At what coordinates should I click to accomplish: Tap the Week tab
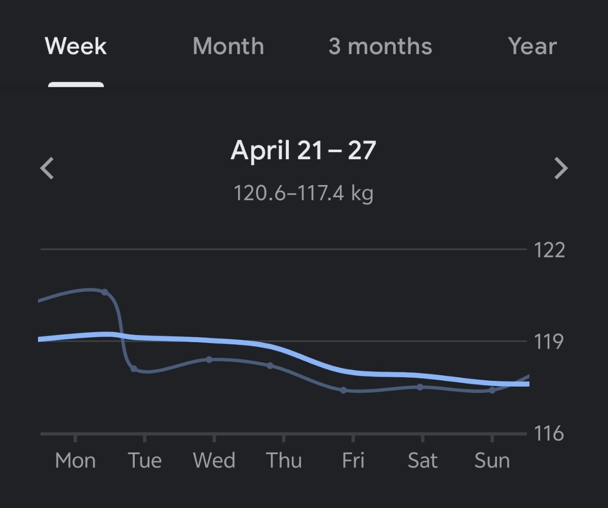(x=76, y=46)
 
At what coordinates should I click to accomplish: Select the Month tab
(x=228, y=46)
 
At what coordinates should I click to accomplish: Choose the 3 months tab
(x=380, y=46)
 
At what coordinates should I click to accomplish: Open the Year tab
(x=532, y=46)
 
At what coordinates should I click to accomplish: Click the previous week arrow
(x=47, y=168)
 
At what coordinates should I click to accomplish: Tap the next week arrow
(x=561, y=168)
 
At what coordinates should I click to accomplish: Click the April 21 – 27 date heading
(x=303, y=151)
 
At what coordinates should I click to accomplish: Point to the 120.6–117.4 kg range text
(x=303, y=193)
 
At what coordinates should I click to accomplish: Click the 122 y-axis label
(x=549, y=249)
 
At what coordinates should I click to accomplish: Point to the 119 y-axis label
(x=549, y=341)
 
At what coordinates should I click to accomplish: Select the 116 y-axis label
(x=549, y=433)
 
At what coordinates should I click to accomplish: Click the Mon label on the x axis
(x=75, y=460)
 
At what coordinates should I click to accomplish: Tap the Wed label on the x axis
(x=214, y=460)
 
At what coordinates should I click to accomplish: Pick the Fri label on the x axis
(x=353, y=460)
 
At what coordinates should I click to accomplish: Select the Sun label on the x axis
(x=491, y=460)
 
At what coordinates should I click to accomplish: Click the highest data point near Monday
(x=104, y=292)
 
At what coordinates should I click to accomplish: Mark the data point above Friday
(x=344, y=390)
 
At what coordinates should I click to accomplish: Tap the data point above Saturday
(x=420, y=387)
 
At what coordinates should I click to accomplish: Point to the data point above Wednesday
(x=209, y=359)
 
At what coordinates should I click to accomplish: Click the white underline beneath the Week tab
(x=76, y=84)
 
